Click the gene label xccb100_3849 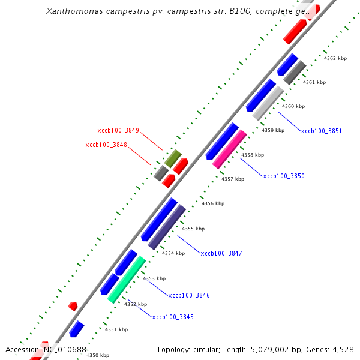click(x=118, y=130)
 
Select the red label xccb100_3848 click(x=106, y=145)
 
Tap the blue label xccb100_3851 click(x=321, y=131)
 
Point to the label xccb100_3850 click(x=284, y=176)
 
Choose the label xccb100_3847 click(x=221, y=253)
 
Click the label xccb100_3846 click(x=189, y=295)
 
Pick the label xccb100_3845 click(x=173, y=317)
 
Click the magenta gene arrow click(x=229, y=149)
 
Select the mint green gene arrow click(x=126, y=278)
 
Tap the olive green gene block click(x=173, y=158)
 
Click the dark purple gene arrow click(x=167, y=227)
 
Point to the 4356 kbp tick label click(x=213, y=203)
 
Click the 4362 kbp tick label click(x=335, y=58)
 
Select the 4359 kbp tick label click(x=272, y=130)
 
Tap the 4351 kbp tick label click(x=116, y=329)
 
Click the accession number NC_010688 click(x=64, y=350)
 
